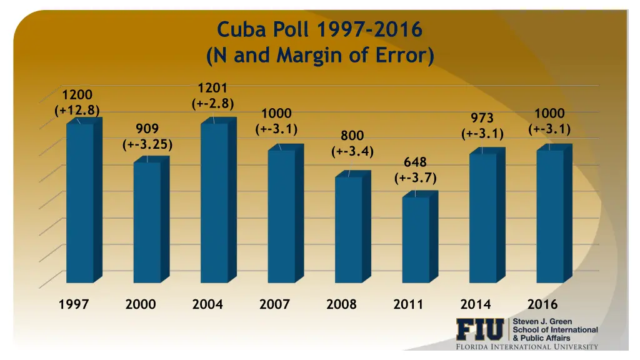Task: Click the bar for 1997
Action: [x=80, y=203]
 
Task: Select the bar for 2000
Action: [x=147, y=222]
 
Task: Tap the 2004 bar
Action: [x=214, y=203]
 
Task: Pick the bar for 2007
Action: [x=281, y=216]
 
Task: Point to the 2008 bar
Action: [x=349, y=229]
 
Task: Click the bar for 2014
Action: [x=482, y=217]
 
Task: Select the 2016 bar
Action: [x=550, y=216]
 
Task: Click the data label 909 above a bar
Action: [x=147, y=129]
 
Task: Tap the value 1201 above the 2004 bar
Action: [x=212, y=88]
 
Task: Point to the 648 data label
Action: [x=415, y=163]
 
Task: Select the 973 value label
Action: [x=482, y=118]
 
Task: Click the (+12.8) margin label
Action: [x=77, y=111]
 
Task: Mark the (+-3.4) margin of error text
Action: [x=352, y=151]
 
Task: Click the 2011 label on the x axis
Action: [x=408, y=305]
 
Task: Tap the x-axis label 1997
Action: [x=74, y=305]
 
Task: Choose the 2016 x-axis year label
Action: [x=542, y=305]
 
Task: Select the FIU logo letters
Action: [x=479, y=330]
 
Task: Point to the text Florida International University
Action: [x=526, y=347]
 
